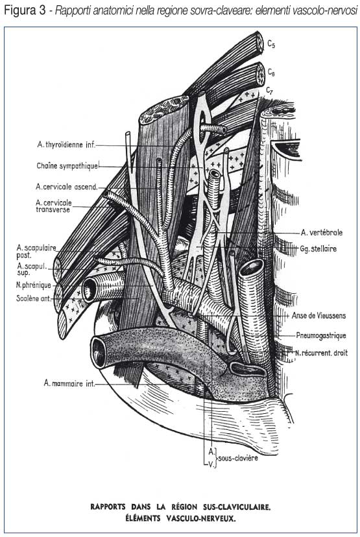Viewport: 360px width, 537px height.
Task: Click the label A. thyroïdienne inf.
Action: [66, 145]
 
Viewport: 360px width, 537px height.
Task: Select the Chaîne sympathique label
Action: [67, 166]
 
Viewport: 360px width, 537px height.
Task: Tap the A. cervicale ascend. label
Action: [67, 187]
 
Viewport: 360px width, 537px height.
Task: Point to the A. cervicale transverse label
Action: [54, 206]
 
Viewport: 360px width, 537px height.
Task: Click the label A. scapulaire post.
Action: [36, 252]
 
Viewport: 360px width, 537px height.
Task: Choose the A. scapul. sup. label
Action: [32, 269]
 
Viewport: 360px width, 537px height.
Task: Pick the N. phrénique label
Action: [34, 285]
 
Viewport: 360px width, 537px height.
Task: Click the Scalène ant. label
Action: [34, 298]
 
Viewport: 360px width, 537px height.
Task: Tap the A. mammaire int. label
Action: [69, 383]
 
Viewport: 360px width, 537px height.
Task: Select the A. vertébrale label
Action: [322, 233]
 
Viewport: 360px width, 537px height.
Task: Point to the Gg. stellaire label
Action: [318, 248]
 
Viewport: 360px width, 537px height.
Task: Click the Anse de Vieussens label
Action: [319, 315]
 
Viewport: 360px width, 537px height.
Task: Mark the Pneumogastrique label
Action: [321, 335]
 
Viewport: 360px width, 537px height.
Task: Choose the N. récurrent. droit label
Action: [321, 352]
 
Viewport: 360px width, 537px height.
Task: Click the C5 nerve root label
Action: [271, 44]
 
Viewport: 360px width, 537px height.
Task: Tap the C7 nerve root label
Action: [270, 91]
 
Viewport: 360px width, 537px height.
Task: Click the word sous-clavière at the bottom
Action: [238, 458]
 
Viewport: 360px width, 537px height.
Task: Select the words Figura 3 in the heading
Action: [25, 11]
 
